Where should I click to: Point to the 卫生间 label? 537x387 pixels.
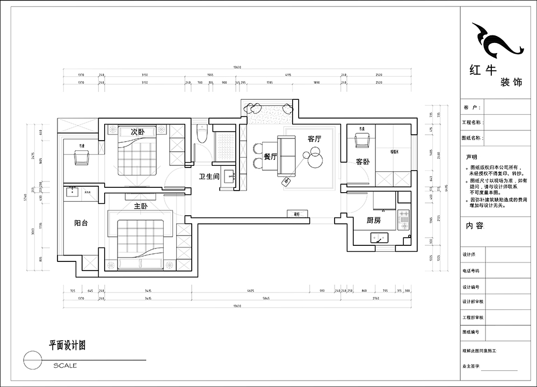[209, 176]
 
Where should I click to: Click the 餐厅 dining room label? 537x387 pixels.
[270, 157]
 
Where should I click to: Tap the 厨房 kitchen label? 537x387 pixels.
[374, 220]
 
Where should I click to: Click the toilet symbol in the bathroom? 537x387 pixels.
[202, 134]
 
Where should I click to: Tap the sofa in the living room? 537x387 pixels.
[287, 156]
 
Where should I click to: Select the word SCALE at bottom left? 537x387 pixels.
[65, 366]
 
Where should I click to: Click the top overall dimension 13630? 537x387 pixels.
[237, 68]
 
